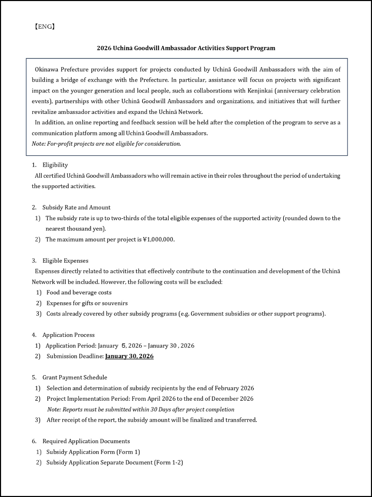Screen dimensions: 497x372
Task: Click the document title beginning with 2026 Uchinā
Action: (x=186, y=48)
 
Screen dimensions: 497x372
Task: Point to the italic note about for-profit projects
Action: (x=106, y=144)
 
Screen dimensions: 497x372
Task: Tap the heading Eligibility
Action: (x=55, y=165)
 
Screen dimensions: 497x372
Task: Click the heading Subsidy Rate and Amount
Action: (x=76, y=207)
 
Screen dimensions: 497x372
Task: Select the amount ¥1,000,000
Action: (x=158, y=240)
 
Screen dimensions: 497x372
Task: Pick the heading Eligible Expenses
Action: (x=65, y=261)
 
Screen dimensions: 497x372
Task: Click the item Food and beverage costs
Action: (x=79, y=293)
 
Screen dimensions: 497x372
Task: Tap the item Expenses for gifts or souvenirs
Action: (x=87, y=303)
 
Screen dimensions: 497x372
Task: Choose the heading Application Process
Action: (x=69, y=335)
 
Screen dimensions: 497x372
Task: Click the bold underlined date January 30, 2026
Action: (x=130, y=356)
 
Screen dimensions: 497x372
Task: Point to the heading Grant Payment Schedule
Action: (x=75, y=378)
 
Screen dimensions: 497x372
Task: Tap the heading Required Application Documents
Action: (x=86, y=441)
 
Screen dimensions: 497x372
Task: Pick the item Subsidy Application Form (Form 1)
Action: (x=93, y=452)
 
